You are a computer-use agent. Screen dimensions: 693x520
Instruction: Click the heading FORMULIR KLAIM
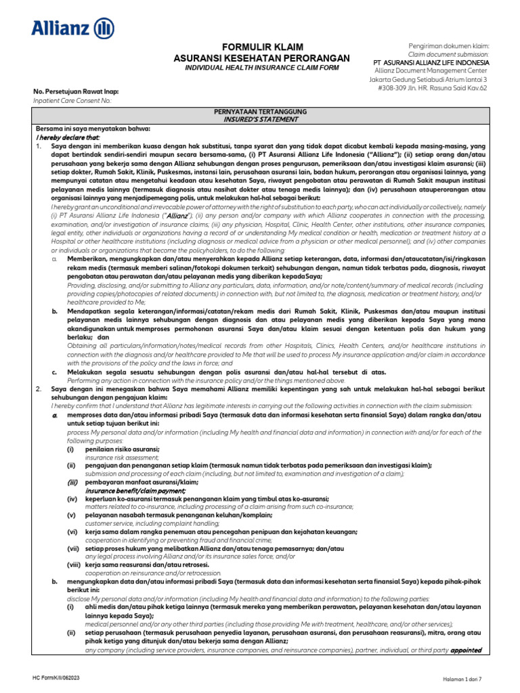click(x=261, y=47)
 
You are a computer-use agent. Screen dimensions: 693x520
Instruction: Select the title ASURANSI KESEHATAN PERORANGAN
click(x=261, y=58)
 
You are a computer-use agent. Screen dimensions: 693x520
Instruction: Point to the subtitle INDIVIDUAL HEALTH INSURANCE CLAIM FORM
click(x=261, y=68)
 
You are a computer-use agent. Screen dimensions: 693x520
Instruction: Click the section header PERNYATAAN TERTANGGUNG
click(x=261, y=111)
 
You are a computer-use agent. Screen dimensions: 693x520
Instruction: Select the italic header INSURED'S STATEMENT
click(x=261, y=118)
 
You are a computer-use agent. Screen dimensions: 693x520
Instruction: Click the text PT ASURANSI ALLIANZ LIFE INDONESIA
click(x=431, y=62)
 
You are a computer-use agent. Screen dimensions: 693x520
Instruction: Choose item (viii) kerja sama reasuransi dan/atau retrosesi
click(x=147, y=564)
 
